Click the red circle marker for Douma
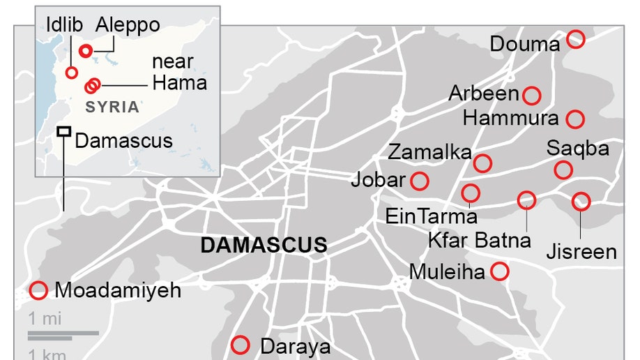(x=576, y=38)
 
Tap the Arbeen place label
(x=484, y=93)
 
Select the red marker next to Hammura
(x=575, y=119)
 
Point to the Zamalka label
(x=429, y=152)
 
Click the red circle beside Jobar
(x=420, y=181)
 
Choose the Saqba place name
(x=577, y=149)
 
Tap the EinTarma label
(x=431, y=216)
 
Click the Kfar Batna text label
(x=479, y=241)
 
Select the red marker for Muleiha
(x=499, y=271)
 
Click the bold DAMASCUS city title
(x=264, y=246)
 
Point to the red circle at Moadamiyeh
(x=38, y=290)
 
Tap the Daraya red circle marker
(x=241, y=344)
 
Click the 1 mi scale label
(x=45, y=320)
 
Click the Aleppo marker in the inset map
(x=86, y=50)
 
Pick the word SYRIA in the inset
(x=112, y=107)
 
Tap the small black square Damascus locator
(x=63, y=131)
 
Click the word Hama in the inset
(x=179, y=82)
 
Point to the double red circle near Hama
(x=92, y=85)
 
